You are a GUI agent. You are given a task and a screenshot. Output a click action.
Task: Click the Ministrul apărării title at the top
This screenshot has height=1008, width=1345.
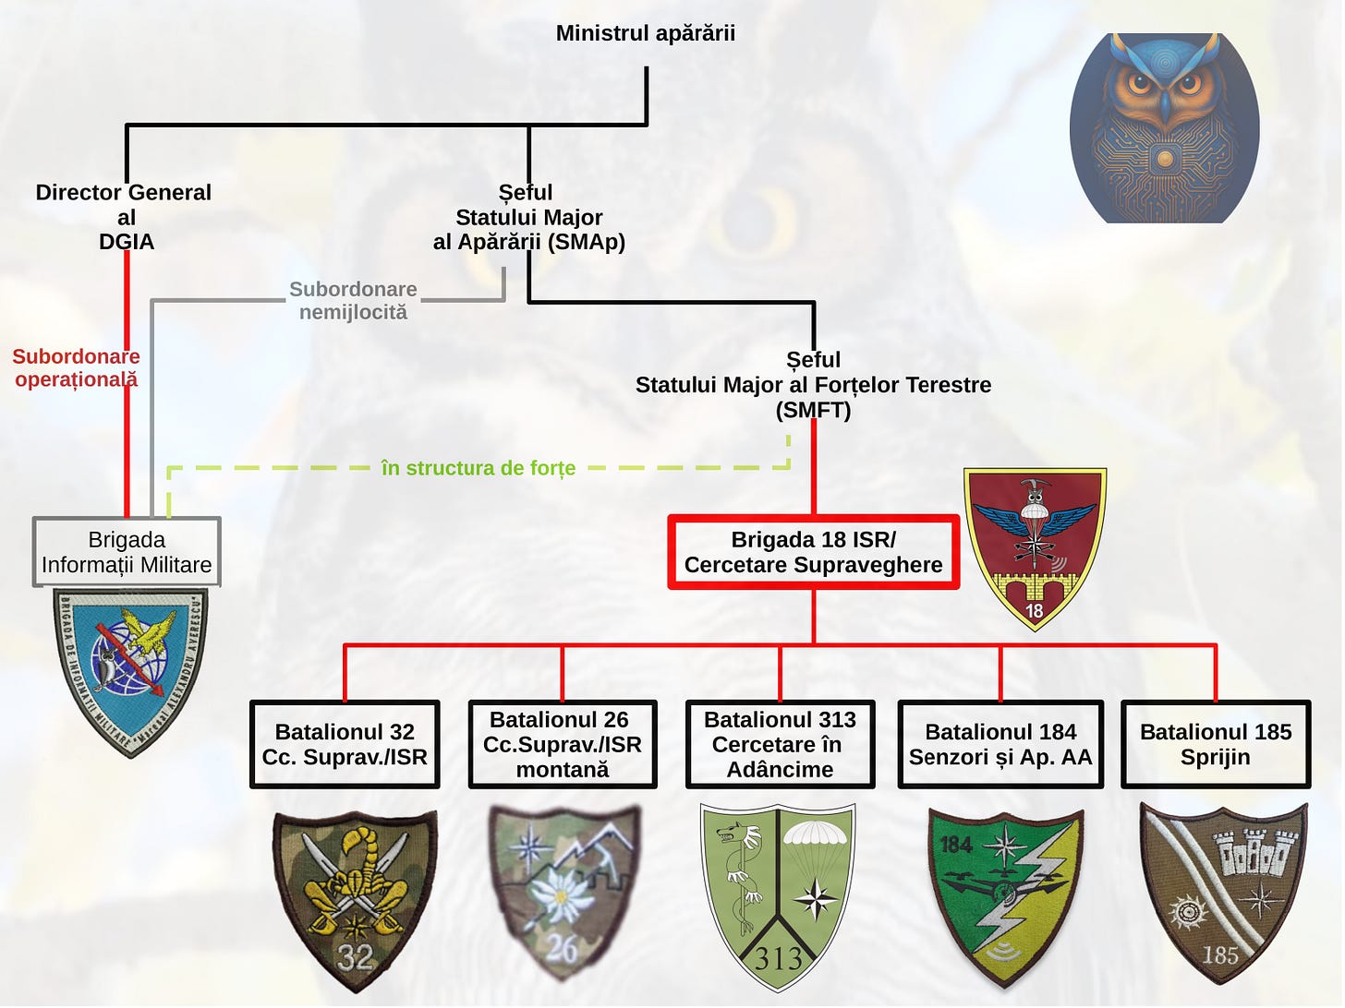point(645,34)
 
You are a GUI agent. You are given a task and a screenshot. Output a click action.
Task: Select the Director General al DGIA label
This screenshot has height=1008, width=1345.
point(125,217)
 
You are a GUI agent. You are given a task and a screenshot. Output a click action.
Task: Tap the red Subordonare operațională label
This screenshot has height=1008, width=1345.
point(76,367)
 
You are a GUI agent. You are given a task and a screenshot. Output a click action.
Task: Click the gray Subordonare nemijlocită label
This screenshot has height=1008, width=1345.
point(353,301)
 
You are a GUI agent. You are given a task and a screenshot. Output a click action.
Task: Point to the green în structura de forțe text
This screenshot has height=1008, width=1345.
point(478,469)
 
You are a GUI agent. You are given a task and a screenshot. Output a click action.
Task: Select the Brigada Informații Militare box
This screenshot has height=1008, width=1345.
point(127,552)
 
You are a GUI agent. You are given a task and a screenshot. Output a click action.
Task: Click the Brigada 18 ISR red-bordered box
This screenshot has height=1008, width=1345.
point(813,552)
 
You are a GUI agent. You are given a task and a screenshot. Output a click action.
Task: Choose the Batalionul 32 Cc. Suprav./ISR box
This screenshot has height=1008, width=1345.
point(345,744)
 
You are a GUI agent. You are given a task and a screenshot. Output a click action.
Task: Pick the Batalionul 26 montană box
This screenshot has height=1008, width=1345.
point(562,744)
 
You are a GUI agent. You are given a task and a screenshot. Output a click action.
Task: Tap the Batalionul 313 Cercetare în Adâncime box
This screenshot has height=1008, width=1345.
point(780,744)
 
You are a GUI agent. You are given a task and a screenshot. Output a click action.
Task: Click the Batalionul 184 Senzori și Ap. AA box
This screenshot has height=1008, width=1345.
point(1000,744)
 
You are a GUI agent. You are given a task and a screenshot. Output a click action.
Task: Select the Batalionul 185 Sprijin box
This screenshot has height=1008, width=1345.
point(1215,744)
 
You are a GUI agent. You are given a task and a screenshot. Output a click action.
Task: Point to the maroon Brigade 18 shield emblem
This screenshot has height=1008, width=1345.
point(1035,548)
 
